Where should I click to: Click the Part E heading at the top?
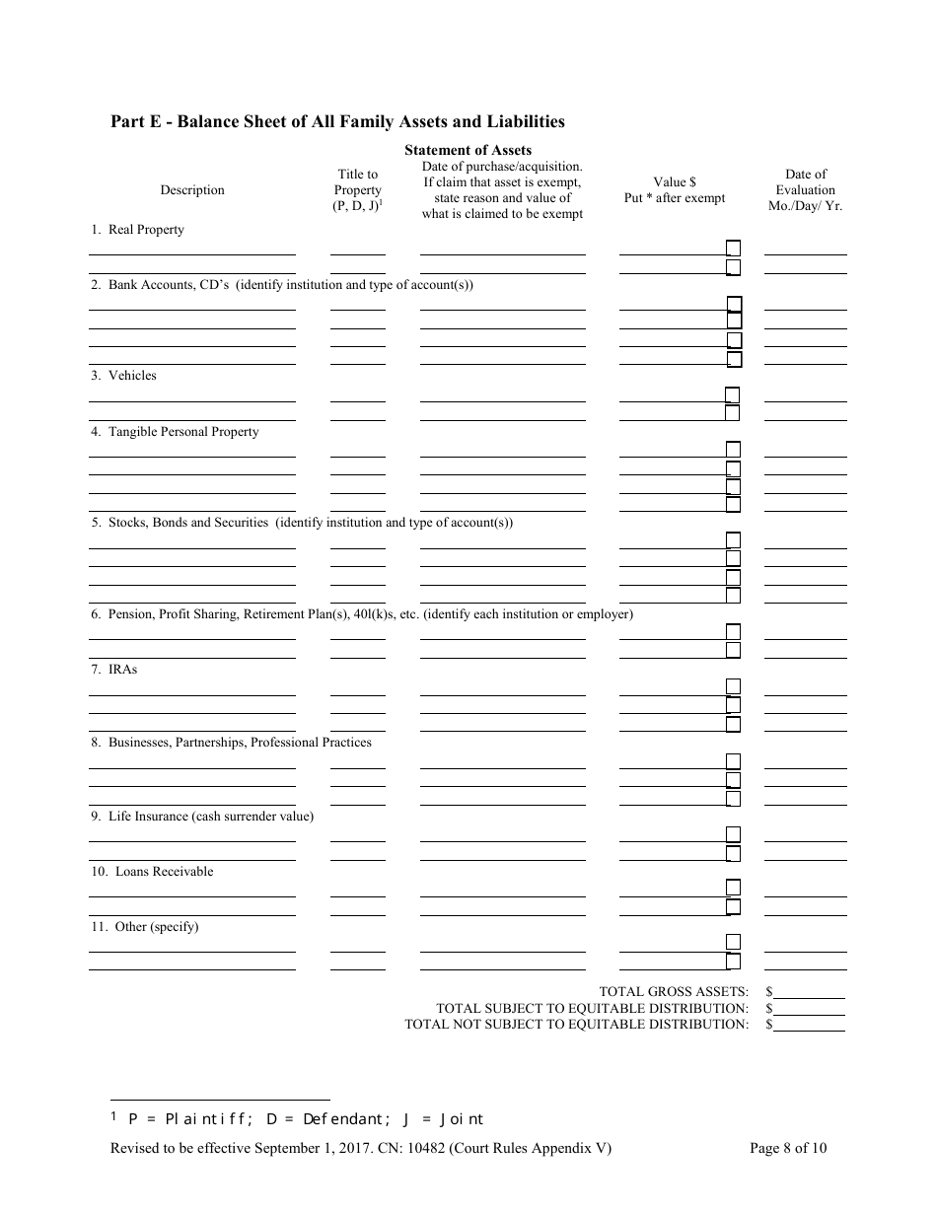point(337,122)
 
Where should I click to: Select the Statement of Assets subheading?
point(468,150)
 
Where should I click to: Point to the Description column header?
point(192,189)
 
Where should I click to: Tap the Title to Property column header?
point(357,189)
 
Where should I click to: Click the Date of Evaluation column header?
point(806,190)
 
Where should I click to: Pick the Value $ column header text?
point(675,182)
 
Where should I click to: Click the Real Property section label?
point(137,230)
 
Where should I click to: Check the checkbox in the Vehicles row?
point(733,394)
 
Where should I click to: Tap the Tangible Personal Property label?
point(175,432)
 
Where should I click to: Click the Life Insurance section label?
point(202,817)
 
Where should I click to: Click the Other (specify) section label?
point(145,927)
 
